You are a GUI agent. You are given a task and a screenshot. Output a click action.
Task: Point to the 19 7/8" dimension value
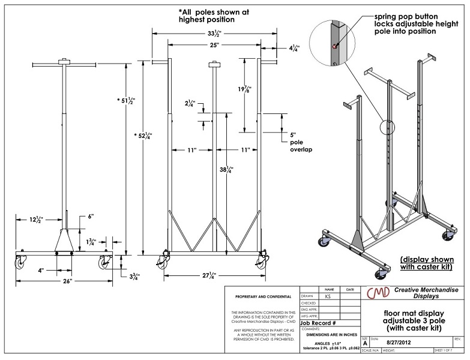pyautogui.click(x=244, y=89)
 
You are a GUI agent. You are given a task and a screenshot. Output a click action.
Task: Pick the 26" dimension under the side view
pyautogui.click(x=66, y=280)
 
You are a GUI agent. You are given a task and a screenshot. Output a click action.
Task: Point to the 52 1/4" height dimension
pyautogui.click(x=143, y=136)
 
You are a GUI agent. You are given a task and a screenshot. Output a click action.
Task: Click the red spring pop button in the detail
pyautogui.click(x=334, y=45)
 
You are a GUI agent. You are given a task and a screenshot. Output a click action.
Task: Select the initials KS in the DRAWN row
pyautogui.click(x=327, y=296)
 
